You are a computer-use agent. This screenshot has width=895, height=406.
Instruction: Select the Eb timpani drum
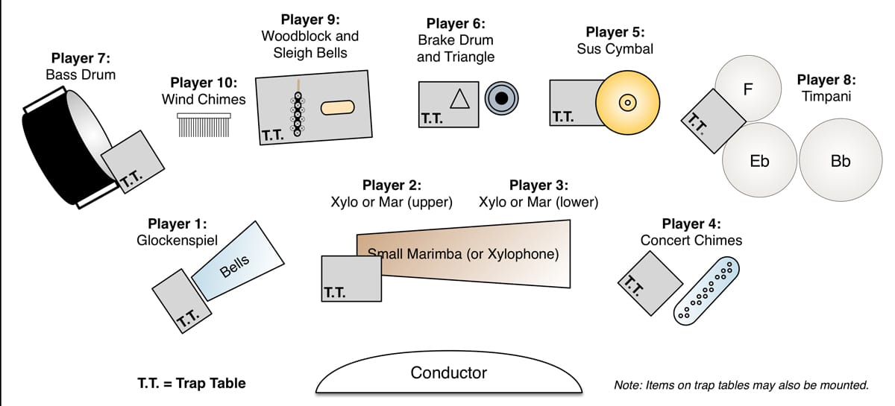759,160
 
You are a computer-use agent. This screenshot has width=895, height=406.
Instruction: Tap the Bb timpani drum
840,160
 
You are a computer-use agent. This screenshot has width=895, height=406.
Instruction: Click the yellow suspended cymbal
628,102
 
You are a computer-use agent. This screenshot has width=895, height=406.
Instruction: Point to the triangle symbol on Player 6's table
459,99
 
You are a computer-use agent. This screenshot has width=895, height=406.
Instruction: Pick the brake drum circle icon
502,98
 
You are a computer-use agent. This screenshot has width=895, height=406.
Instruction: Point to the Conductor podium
448,376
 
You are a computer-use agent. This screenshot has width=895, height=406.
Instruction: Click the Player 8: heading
826,79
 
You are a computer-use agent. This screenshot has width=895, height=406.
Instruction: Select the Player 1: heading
177,223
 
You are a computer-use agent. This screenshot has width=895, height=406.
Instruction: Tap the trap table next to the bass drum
132,162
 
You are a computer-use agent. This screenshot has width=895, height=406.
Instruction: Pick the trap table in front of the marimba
351,278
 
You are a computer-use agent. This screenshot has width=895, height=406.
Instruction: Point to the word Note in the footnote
627,385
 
